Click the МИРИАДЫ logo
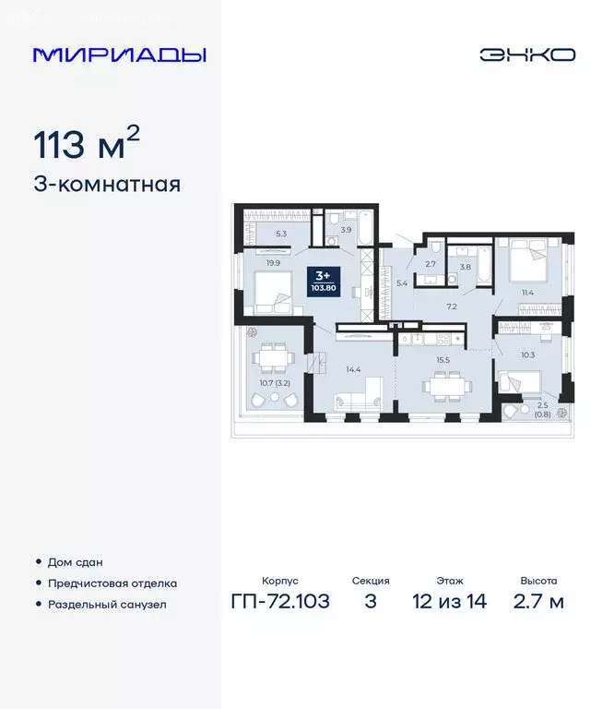tap(119, 54)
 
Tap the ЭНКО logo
tap(527, 54)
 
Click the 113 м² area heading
tap(87, 145)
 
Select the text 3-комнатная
tap(107, 184)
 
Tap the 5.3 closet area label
tap(281, 234)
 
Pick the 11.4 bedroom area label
tap(528, 293)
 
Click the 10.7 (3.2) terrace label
tap(276, 381)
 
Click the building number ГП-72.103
tap(280, 602)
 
